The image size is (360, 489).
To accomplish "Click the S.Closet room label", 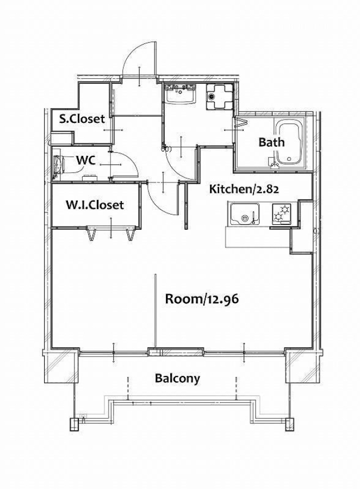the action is coord(82,119).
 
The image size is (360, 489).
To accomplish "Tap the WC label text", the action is coord(86,161).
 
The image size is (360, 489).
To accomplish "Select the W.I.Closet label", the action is coord(95,205).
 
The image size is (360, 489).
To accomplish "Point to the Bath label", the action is coord(272,142).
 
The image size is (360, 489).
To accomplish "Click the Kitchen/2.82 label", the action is coord(244,189).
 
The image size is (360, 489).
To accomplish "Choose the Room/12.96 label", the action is coord(202,299).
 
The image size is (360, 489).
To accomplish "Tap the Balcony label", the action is coord(177,379).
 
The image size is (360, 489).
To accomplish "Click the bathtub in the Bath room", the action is coord(289,143).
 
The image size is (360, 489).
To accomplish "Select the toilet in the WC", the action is coord(58,164).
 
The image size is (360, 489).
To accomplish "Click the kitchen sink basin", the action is coord(245,214).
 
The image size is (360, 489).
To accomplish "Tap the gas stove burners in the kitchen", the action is coord(281,214).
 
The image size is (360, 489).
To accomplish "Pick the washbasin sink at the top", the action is coord(181,93).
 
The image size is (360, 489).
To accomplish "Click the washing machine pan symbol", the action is coord(219,96).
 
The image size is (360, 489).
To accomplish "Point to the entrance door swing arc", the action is coord(131,56).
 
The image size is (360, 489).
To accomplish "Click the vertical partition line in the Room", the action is coord(156,312).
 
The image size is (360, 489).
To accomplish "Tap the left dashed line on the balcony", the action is coord(128,388).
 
